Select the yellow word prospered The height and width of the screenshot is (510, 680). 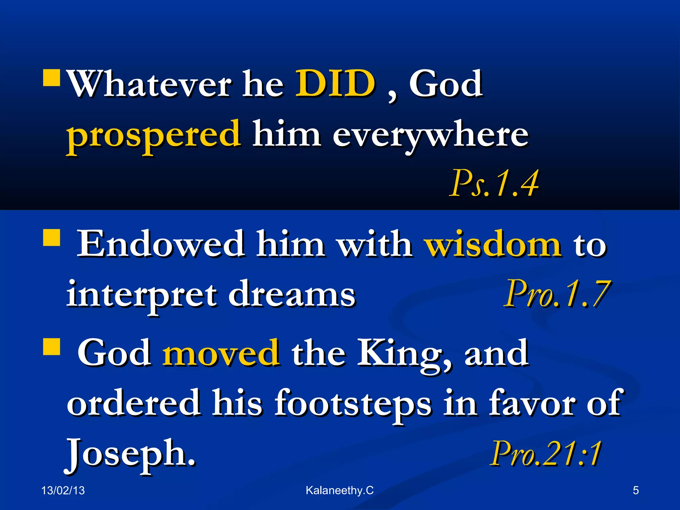[x=153, y=134]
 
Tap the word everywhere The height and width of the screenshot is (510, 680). [x=431, y=134]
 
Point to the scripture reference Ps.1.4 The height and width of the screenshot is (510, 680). [x=494, y=183]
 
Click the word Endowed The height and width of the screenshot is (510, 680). [x=161, y=244]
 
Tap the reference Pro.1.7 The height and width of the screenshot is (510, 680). [x=557, y=294]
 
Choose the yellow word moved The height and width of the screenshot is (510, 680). [x=221, y=353]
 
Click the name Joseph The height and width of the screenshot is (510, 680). [x=130, y=454]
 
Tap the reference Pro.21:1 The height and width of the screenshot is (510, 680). [x=546, y=454]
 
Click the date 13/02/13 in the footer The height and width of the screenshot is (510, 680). [x=63, y=490]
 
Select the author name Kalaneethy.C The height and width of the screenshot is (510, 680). [x=340, y=490]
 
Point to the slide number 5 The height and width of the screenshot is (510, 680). [x=636, y=490]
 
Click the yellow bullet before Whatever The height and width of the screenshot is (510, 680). [x=51, y=78]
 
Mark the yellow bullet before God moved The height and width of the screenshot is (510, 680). [x=51, y=347]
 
